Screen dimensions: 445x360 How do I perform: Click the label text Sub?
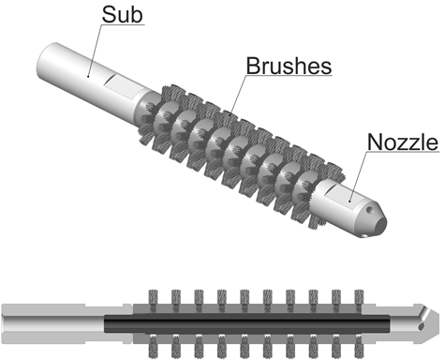click(122, 15)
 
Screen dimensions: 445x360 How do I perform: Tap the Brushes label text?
click(289, 66)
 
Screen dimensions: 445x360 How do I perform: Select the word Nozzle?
click(403, 142)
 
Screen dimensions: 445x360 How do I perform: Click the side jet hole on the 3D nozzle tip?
click(370, 209)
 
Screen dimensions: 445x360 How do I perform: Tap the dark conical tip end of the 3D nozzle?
click(380, 224)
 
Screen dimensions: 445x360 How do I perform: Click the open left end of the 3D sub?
click(45, 58)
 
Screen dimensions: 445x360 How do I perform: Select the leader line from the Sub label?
click(94, 51)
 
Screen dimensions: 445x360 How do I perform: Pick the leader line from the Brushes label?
click(238, 95)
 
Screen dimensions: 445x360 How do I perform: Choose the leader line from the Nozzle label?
click(358, 176)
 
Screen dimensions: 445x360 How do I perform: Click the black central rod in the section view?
click(246, 323)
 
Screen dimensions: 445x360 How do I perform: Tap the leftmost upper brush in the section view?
click(153, 301)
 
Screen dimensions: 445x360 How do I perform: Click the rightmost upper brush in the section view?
click(360, 301)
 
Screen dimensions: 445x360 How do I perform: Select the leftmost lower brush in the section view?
click(153, 346)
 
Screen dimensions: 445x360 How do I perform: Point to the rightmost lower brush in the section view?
click(360, 346)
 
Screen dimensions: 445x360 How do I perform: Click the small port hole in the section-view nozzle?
click(421, 326)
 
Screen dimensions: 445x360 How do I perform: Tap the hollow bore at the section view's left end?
click(53, 323)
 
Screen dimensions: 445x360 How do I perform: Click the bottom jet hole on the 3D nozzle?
click(363, 235)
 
